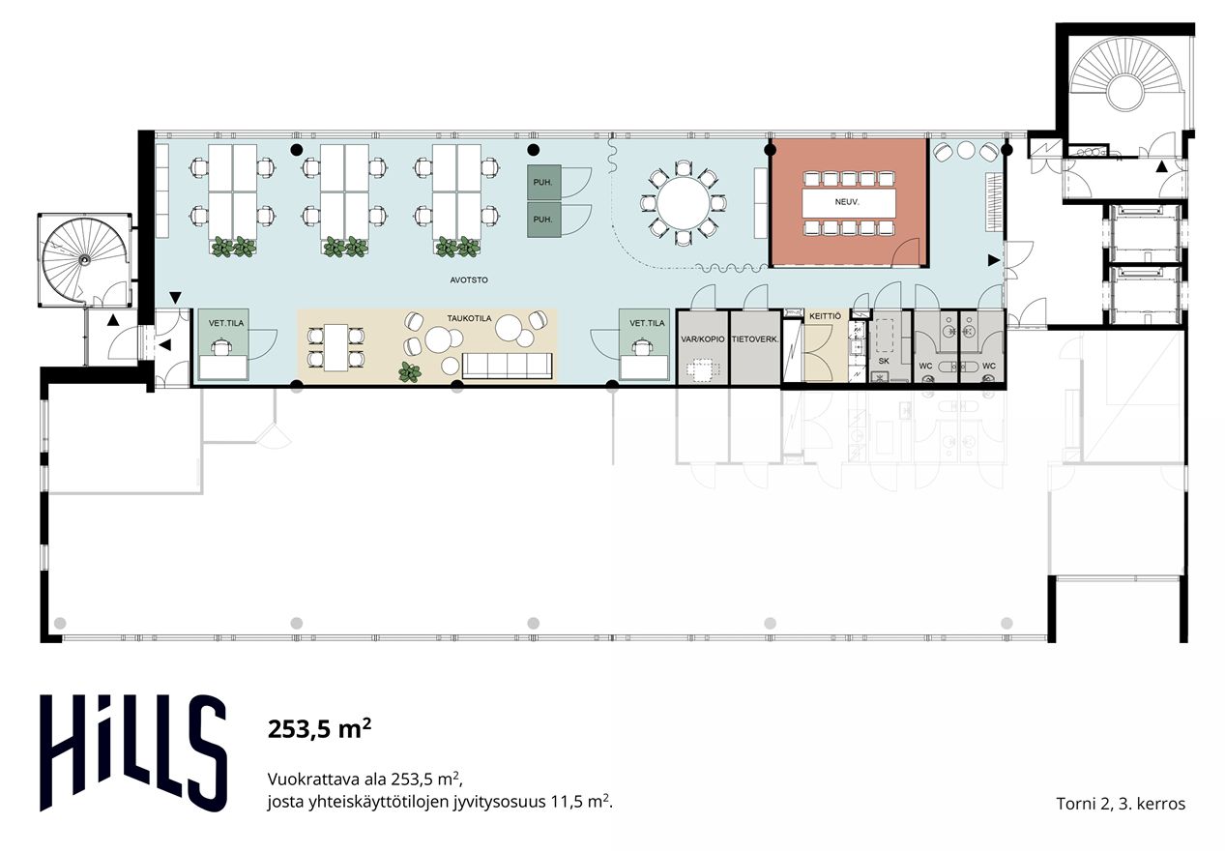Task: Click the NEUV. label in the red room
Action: click(847, 202)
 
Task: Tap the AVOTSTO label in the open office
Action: click(469, 280)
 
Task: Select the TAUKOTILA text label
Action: click(469, 318)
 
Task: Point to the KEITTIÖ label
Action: click(825, 316)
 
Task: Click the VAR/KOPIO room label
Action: click(703, 339)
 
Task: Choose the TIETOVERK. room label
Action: click(755, 339)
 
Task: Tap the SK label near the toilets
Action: click(884, 361)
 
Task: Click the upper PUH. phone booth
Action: click(544, 182)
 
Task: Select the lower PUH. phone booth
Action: click(544, 220)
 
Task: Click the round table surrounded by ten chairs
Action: click(683, 203)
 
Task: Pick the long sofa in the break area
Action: click(507, 366)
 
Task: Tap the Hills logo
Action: click(132, 753)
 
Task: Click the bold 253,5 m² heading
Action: click(319, 729)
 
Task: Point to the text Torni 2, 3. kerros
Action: click(1121, 804)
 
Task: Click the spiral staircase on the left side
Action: click(85, 260)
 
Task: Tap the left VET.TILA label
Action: click(226, 323)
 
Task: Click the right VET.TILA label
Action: click(647, 323)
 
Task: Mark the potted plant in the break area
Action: click(409, 372)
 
